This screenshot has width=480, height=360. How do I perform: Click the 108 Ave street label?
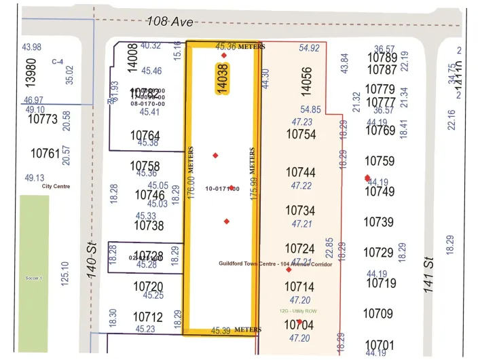169,22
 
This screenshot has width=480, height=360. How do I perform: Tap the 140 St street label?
93,261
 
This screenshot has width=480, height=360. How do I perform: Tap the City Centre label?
56,186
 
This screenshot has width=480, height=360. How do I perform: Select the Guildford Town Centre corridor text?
276,264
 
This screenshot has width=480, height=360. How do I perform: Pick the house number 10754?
301,134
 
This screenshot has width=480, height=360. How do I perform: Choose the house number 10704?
299,325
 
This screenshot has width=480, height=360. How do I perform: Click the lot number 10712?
148,317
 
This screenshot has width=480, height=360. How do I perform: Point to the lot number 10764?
145,136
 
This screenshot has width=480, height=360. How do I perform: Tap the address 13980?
30,70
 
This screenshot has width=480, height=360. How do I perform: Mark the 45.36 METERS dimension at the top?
240,47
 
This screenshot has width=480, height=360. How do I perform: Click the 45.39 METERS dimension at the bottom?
236,330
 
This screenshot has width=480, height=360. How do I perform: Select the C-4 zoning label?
58,61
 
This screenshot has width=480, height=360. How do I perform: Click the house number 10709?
378,314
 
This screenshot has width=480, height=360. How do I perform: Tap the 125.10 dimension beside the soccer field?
65,274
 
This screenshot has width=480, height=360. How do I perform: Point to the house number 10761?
45,154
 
